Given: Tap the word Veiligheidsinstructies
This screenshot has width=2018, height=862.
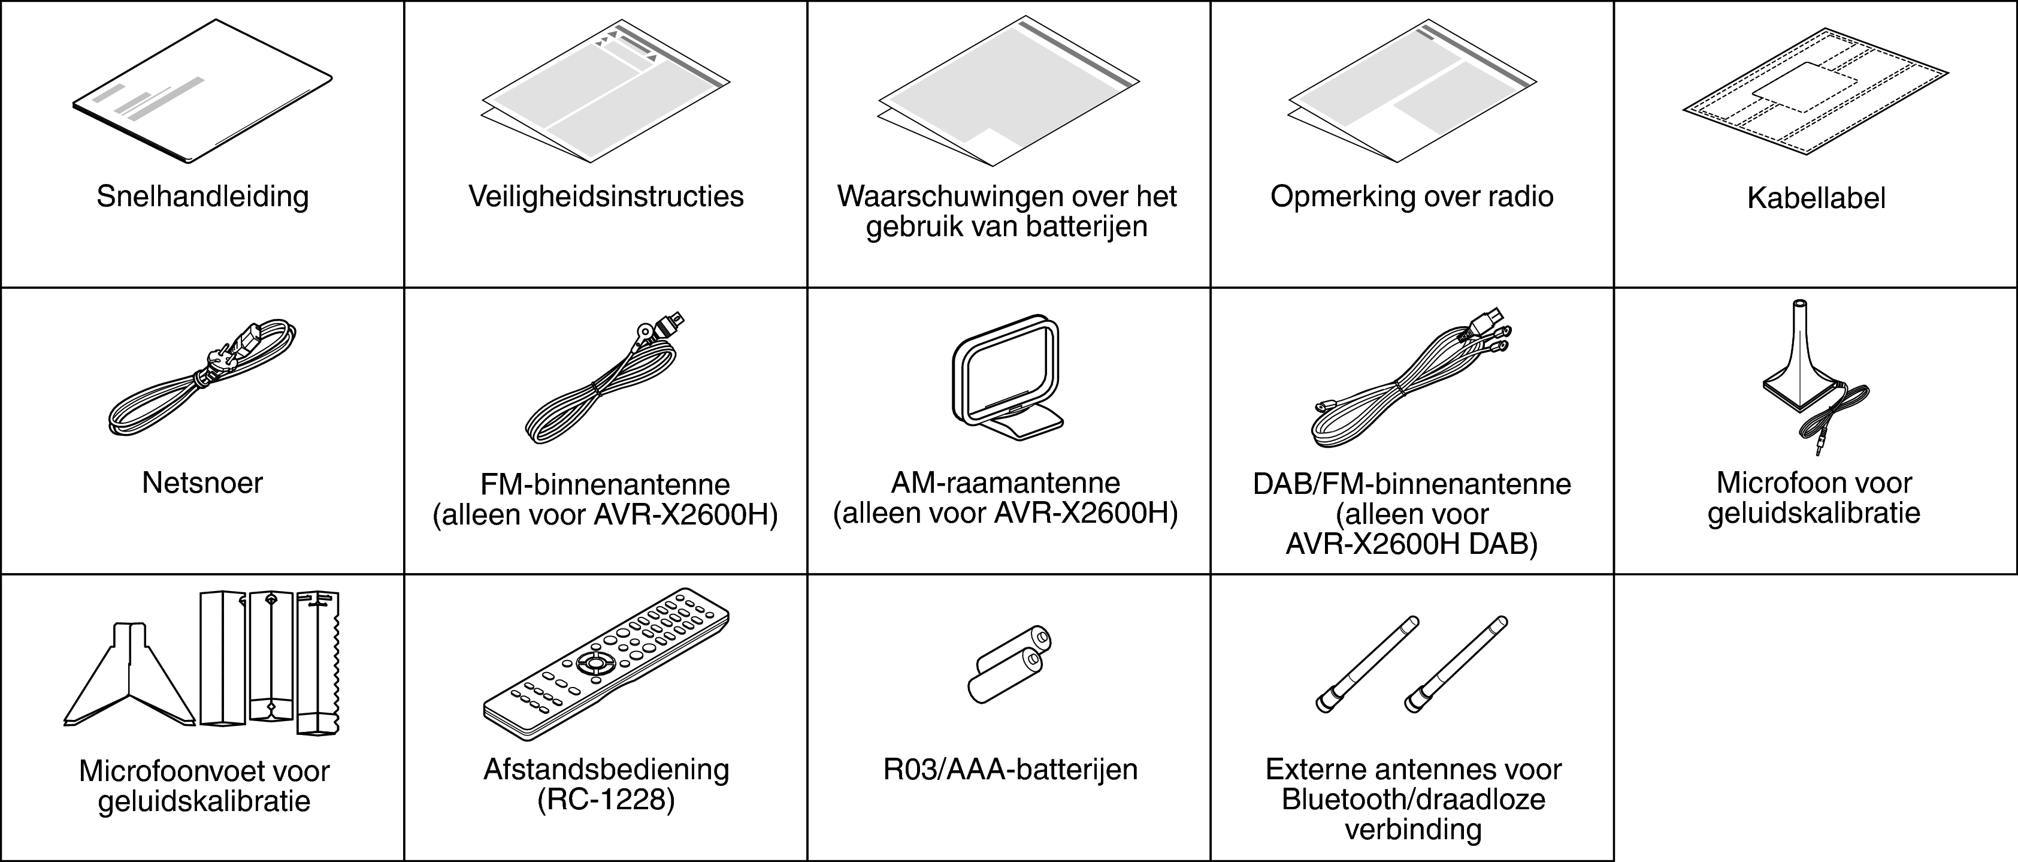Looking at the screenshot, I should click(606, 196).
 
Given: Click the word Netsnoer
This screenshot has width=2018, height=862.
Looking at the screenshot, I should click(202, 483).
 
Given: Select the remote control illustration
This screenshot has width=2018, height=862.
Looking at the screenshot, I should click(606, 662).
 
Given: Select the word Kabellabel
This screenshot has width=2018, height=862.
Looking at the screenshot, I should click(1815, 198).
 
